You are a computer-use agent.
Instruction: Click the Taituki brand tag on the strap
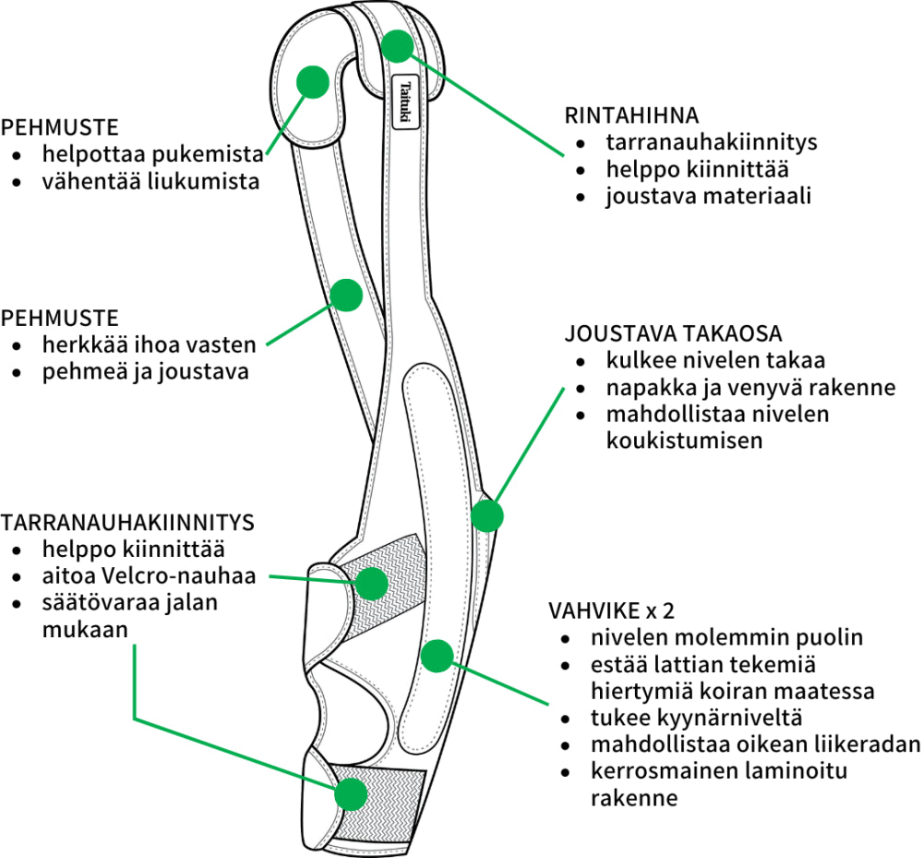click(406, 101)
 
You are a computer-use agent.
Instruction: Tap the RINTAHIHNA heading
click(631, 116)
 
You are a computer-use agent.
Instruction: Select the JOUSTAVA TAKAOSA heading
click(674, 333)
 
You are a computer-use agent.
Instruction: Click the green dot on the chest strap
click(398, 46)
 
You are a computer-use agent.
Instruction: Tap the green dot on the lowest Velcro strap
click(351, 793)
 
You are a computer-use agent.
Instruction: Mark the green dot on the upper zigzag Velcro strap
click(371, 583)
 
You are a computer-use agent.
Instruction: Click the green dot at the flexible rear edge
click(486, 514)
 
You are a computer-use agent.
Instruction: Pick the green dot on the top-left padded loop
click(313, 81)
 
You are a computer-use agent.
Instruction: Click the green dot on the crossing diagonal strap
click(346, 296)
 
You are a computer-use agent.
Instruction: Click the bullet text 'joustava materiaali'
click(709, 197)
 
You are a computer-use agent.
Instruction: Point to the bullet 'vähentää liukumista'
click(150, 181)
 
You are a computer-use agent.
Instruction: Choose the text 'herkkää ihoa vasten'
click(148, 346)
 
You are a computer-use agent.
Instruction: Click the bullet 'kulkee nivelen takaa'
click(715, 360)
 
